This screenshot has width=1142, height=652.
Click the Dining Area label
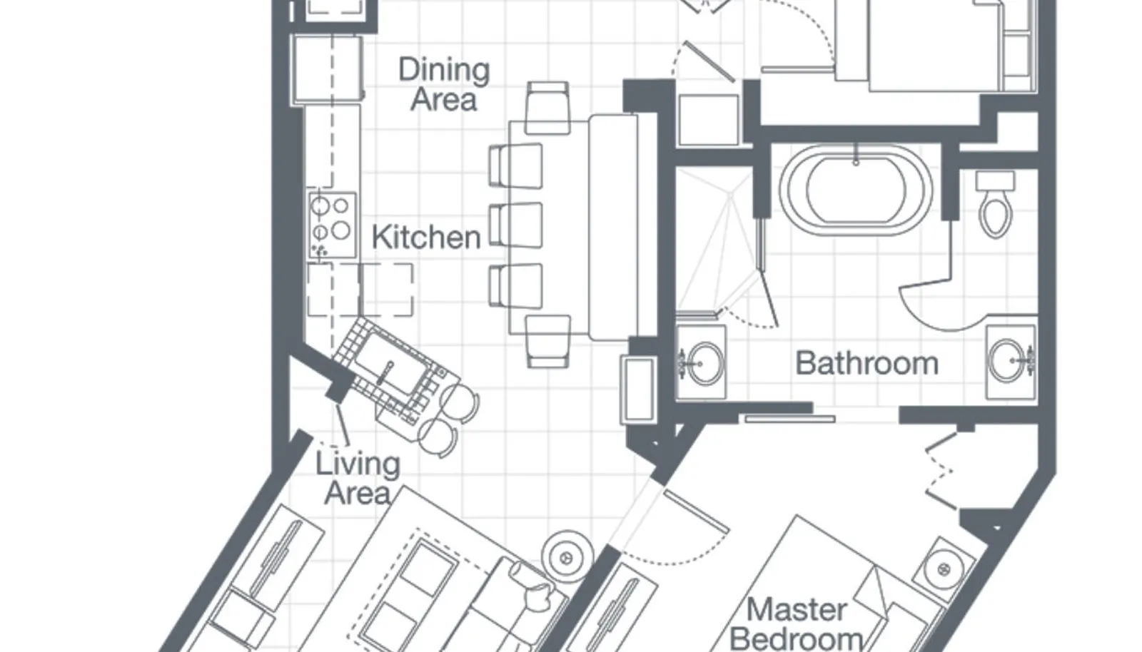click(443, 84)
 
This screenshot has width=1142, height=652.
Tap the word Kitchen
click(425, 238)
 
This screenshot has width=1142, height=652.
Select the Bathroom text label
click(866, 364)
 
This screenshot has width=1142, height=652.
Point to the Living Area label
click(358, 479)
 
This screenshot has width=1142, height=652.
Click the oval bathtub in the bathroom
click(855, 190)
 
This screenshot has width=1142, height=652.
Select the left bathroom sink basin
click(704, 364)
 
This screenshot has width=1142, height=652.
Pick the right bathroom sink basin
click(1009, 361)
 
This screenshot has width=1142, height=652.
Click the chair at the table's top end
click(547, 107)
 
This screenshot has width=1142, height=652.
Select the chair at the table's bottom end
click(547, 341)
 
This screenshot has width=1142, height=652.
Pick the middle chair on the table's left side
click(515, 225)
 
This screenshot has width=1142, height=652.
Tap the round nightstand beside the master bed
click(944, 569)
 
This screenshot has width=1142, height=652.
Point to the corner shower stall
click(714, 243)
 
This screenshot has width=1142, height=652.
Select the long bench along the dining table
click(612, 225)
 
